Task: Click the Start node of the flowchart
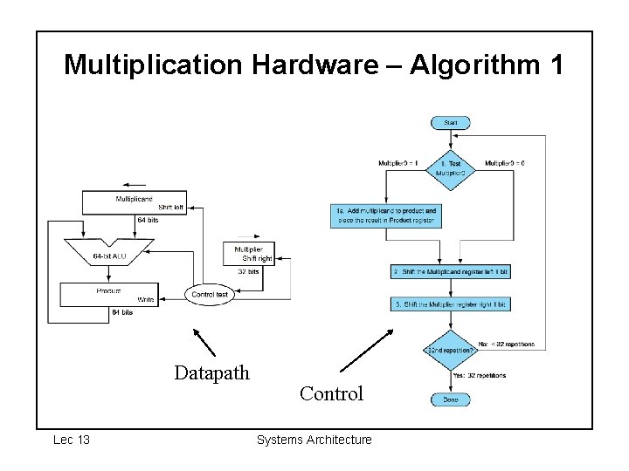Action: [x=450, y=123]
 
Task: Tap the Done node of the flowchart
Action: [x=450, y=399]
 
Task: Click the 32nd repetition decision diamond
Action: [x=450, y=350]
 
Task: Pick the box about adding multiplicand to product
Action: [x=384, y=215]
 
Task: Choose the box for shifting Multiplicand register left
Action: [x=450, y=272]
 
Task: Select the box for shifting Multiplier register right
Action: [x=450, y=304]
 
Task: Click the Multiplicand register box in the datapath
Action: [x=135, y=202]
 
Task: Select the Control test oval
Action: [x=210, y=295]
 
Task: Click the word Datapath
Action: [x=211, y=373]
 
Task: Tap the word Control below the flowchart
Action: [x=331, y=393]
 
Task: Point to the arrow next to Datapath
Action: [x=204, y=342]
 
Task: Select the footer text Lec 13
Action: [x=72, y=440]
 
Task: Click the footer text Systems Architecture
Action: [x=314, y=440]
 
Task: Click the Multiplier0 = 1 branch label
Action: [x=397, y=163]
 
